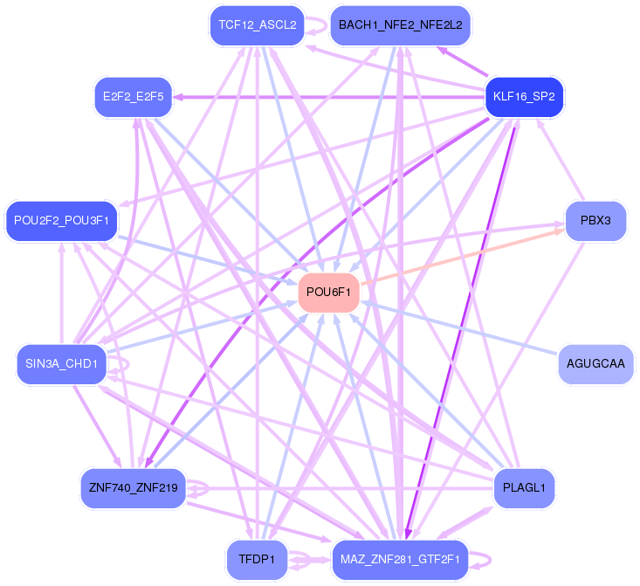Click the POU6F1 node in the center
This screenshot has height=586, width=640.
pyautogui.click(x=329, y=293)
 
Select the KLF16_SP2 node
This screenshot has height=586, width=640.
pyautogui.click(x=524, y=96)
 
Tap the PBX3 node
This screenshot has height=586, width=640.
pyautogui.click(x=595, y=221)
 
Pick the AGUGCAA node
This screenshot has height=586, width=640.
pyautogui.click(x=595, y=363)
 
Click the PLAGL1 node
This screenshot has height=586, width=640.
pyautogui.click(x=524, y=487)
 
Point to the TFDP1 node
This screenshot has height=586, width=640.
pyautogui.click(x=257, y=559)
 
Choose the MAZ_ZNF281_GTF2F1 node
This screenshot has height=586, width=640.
pyautogui.click(x=400, y=559)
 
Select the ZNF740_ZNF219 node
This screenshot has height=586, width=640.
pyautogui.click(x=133, y=487)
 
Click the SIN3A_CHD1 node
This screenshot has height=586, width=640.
pyautogui.click(x=61, y=363)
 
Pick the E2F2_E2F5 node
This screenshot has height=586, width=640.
pyautogui.click(x=133, y=96)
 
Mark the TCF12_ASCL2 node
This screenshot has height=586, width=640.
pyautogui.click(x=257, y=24)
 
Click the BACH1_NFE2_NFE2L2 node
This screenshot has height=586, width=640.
pyautogui.click(x=400, y=24)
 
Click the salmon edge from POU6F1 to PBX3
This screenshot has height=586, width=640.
pyautogui.click(x=463, y=257)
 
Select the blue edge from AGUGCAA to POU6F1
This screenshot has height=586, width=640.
pyautogui.click(x=463, y=329)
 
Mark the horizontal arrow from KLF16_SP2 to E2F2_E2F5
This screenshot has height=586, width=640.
pyautogui.click(x=332, y=96)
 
